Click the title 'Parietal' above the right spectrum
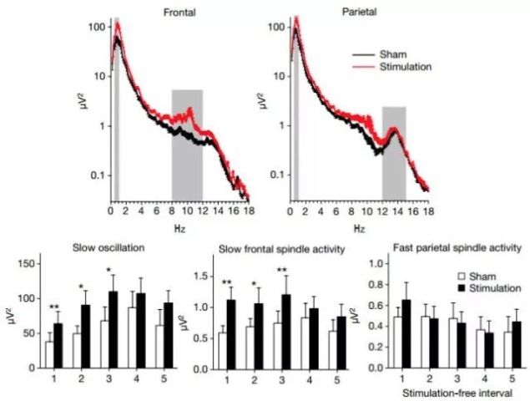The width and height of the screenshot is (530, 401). (359, 11)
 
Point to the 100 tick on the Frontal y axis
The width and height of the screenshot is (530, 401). (99, 27)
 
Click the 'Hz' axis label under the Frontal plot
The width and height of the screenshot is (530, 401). (178, 227)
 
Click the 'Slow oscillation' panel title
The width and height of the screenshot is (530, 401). (93, 248)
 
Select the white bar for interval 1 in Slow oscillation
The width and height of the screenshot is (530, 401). (49, 355)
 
